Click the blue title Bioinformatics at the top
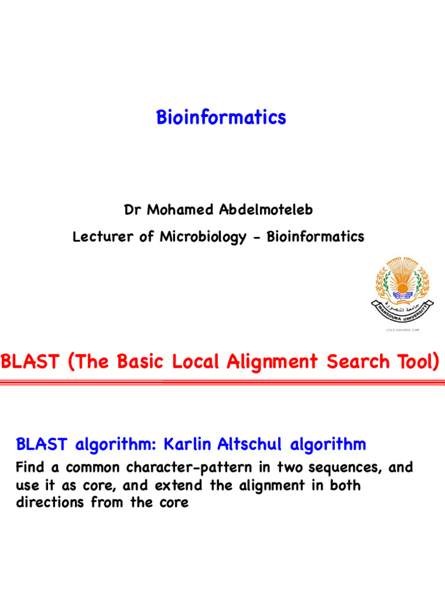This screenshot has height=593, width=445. (x=221, y=118)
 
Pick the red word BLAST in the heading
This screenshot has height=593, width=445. (x=30, y=362)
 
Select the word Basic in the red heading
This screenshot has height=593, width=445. (x=140, y=362)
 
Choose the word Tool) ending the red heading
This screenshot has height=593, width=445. (x=415, y=362)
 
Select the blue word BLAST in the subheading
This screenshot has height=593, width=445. (x=40, y=445)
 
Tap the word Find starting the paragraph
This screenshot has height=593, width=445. (x=32, y=467)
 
